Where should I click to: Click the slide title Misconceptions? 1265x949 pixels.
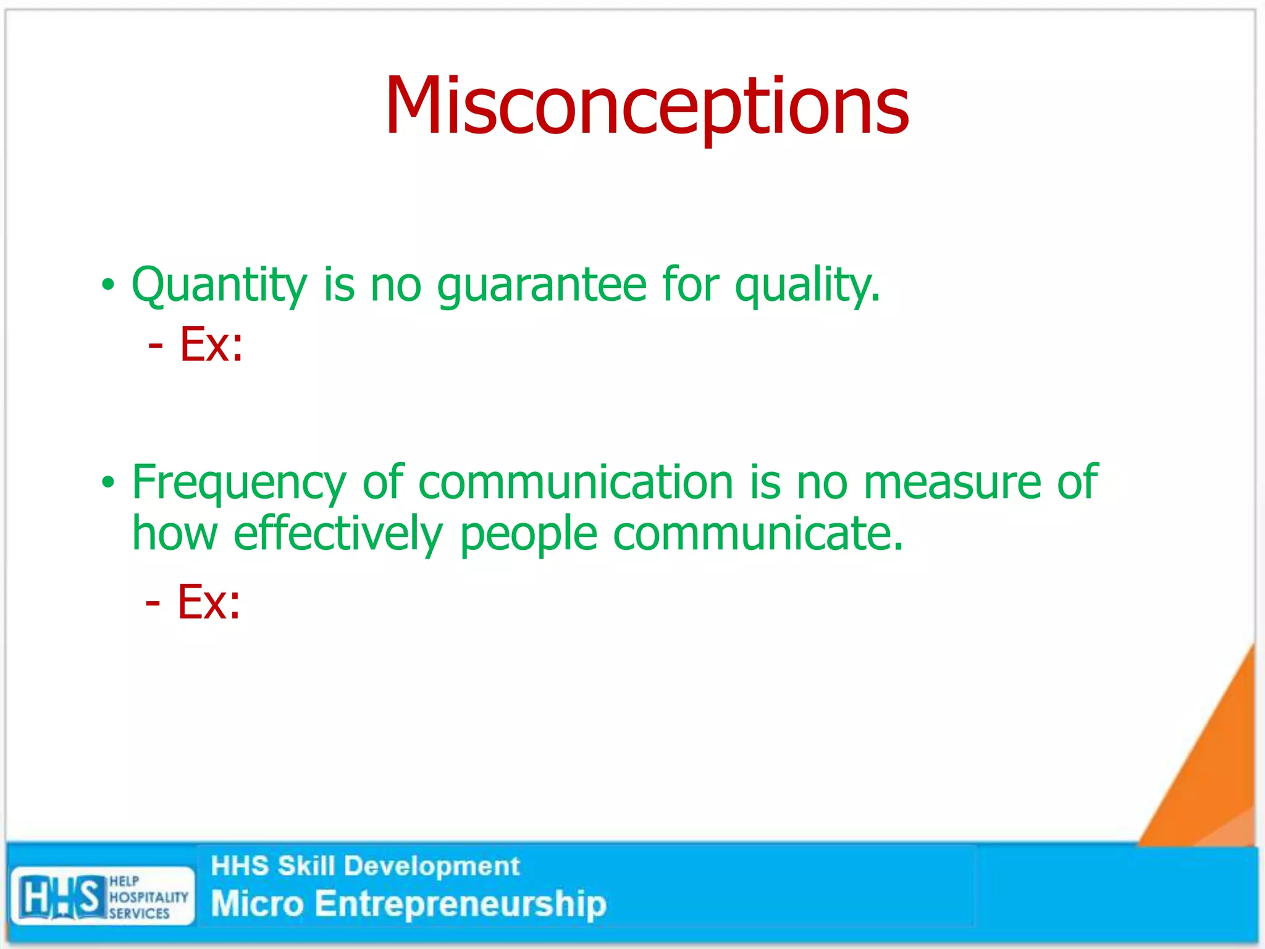647,106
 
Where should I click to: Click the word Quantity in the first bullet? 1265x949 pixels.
219,285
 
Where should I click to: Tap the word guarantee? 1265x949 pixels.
541,285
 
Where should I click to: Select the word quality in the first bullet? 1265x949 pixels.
806,285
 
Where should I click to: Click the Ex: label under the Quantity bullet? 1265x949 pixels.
211,344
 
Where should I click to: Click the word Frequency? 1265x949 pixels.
239,483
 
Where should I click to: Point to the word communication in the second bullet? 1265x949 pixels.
575,483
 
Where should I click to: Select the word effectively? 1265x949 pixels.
338,534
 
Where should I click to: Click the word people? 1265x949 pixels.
528,534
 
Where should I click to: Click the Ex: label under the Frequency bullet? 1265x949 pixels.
208,602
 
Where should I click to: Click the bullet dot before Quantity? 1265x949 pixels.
108,285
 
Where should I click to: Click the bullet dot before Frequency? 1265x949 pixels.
108,483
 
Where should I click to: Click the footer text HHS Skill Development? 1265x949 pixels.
365,866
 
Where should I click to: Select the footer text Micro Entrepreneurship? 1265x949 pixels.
408,904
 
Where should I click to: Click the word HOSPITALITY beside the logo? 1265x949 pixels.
148,897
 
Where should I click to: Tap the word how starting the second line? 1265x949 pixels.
175,534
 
